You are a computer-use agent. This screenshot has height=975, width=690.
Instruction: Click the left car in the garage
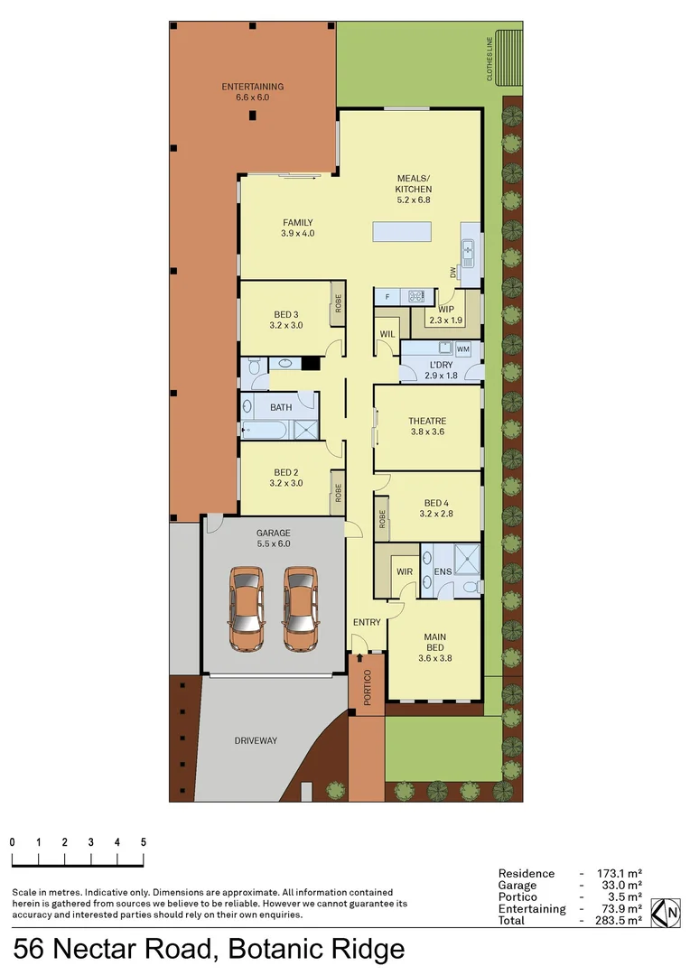247,609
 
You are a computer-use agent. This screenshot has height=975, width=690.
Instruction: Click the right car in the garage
300,609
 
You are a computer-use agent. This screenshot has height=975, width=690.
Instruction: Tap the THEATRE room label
427,421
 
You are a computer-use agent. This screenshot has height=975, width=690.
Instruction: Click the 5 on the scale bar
144,841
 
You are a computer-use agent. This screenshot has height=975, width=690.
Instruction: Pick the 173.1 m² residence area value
620,874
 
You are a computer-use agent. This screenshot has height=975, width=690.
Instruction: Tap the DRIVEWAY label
256,740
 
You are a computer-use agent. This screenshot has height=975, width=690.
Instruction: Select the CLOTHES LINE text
490,60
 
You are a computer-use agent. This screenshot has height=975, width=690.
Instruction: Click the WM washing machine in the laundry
463,348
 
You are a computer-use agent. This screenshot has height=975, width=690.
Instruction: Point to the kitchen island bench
403,232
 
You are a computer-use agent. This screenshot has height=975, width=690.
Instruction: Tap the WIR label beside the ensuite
403,571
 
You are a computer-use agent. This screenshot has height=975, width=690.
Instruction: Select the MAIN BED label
435,642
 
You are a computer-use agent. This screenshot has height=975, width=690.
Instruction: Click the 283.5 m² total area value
620,920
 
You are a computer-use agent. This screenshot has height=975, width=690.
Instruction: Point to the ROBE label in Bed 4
383,519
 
